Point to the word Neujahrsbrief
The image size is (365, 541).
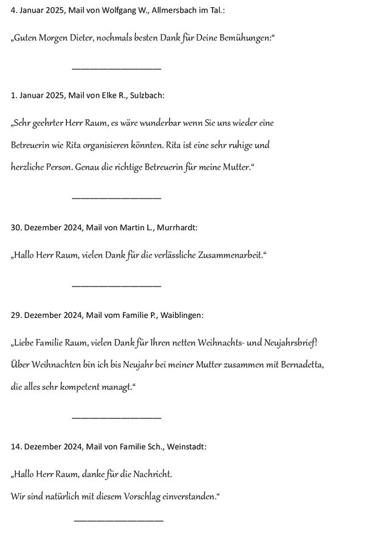point(289,342)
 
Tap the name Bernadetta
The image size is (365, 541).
point(288,365)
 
